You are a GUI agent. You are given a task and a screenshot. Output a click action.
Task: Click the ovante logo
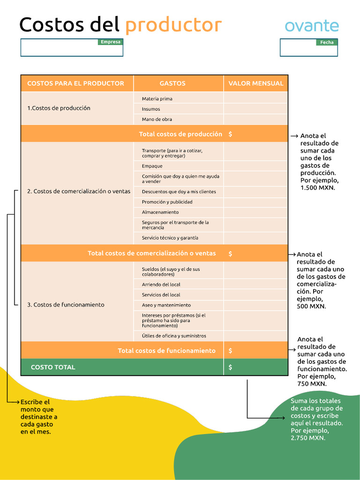312,25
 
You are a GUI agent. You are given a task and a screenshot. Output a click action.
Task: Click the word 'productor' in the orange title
173,25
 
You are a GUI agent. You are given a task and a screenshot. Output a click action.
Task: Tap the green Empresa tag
111,42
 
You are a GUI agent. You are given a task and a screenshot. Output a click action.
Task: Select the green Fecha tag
327,42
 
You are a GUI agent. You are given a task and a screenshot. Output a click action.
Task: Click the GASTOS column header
172,83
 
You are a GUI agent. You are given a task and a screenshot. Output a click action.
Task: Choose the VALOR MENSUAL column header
255,83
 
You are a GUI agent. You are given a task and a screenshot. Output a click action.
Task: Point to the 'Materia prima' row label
157,99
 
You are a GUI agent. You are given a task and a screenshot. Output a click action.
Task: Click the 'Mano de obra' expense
157,120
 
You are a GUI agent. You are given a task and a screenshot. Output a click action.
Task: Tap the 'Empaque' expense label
152,166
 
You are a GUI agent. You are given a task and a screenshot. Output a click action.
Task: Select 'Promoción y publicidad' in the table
167,202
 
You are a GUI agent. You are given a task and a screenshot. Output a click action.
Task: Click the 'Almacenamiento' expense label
160,212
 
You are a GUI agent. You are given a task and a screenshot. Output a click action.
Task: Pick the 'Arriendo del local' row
161,285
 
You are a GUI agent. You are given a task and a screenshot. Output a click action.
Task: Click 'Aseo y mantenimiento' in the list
166,305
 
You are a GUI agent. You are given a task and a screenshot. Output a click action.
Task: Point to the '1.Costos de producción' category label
59,108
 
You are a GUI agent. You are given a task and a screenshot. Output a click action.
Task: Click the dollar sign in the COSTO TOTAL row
230,367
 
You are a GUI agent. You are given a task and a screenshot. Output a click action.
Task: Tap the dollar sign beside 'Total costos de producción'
230,134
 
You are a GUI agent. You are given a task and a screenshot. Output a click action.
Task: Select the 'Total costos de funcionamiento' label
166,351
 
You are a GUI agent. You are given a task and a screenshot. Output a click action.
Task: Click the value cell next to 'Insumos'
255,109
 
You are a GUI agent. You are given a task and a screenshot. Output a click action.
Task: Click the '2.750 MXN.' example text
308,438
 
